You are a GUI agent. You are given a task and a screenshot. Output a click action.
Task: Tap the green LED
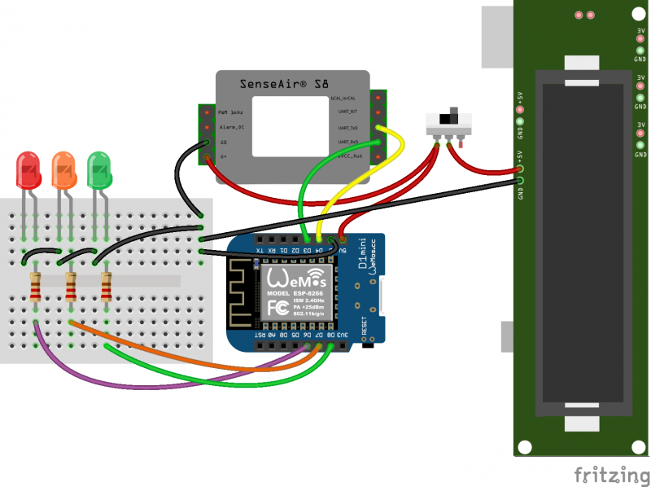point(98,169)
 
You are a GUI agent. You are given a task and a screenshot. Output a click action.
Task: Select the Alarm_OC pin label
point(231,127)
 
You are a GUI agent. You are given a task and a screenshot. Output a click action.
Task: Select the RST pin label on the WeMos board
point(260,335)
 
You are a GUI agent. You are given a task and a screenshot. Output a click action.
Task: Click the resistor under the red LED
point(35,287)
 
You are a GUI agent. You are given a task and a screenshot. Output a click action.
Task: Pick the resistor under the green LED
point(106,287)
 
